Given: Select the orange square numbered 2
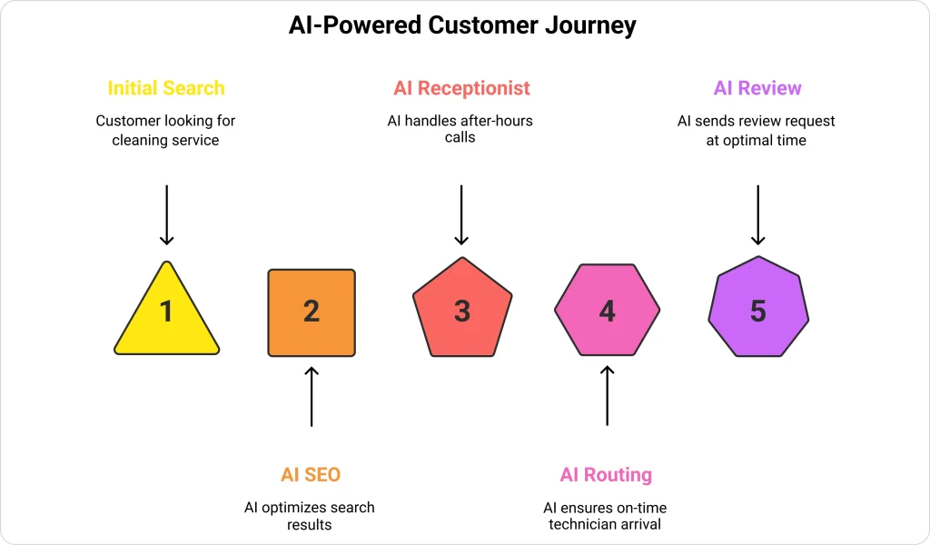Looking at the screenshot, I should point(312,312).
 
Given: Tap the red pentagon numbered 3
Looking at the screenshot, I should point(461,312).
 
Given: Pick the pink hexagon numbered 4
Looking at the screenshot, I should point(607,312).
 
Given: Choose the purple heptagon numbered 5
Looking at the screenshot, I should point(757,312).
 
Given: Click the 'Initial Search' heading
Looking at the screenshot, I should point(166,88).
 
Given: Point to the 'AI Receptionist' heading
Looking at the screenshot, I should point(461,88).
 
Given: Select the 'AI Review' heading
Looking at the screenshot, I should point(757,88).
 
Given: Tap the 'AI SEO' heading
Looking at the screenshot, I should point(311,474).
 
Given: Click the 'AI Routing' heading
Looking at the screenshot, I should point(606,474).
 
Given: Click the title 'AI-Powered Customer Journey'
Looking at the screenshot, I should point(462,25).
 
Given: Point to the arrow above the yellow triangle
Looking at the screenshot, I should point(166,214).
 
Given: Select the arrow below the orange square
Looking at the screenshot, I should point(312,396).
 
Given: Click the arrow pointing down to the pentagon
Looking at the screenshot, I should point(461,214).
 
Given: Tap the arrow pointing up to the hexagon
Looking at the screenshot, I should point(607,396).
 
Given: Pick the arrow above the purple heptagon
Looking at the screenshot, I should point(757,214).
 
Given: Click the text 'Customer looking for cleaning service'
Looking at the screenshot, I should point(166,131).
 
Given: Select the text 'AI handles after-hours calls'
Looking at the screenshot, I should point(461,129).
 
